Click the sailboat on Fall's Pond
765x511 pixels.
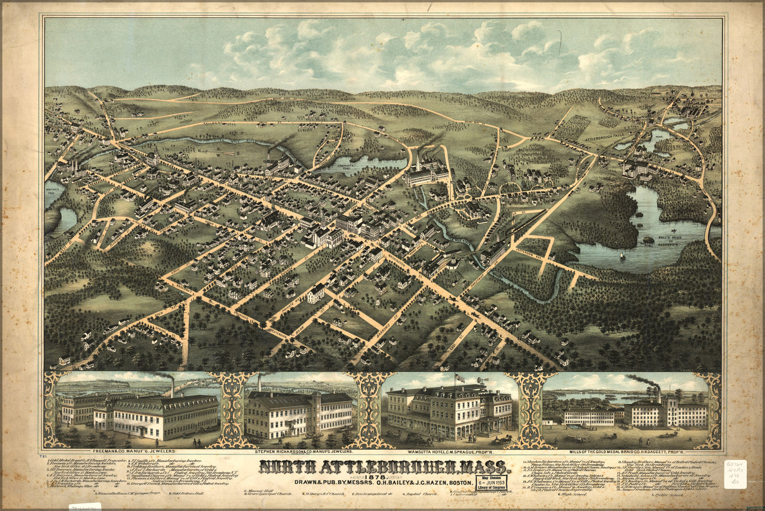(x=621, y=255)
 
